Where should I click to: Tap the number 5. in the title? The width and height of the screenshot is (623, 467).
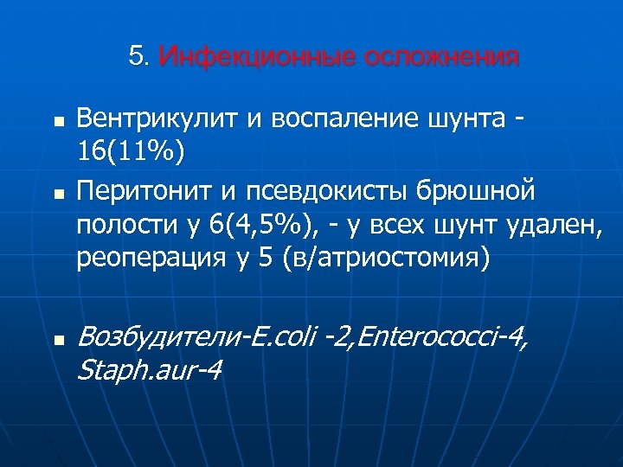[x=138, y=58]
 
